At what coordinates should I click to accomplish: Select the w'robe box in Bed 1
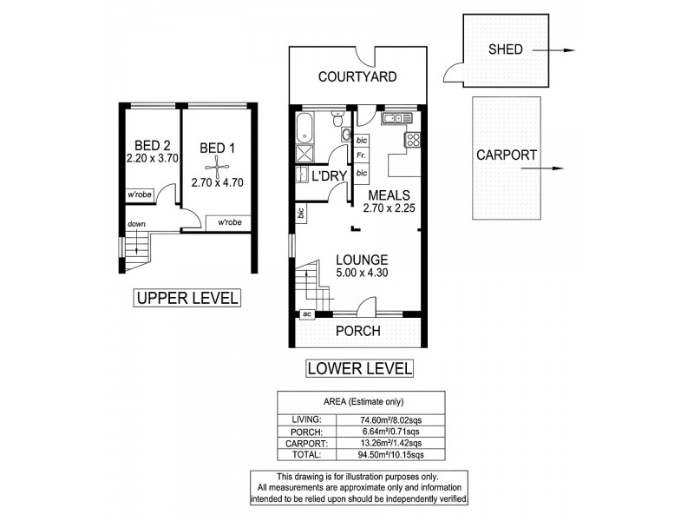pyautogui.click(x=229, y=223)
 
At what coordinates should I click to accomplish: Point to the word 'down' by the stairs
pyautogui.click(x=136, y=223)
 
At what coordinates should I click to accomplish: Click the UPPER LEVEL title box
pyautogui.click(x=186, y=299)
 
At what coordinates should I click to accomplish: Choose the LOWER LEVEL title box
pyautogui.click(x=359, y=368)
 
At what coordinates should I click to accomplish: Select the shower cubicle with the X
pyautogui.click(x=305, y=155)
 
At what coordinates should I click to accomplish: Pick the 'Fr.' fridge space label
pyautogui.click(x=361, y=155)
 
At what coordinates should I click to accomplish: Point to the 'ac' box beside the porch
pyautogui.click(x=307, y=314)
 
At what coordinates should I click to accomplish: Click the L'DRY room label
pyautogui.click(x=329, y=176)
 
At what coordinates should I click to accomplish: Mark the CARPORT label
pyautogui.click(x=501, y=157)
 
